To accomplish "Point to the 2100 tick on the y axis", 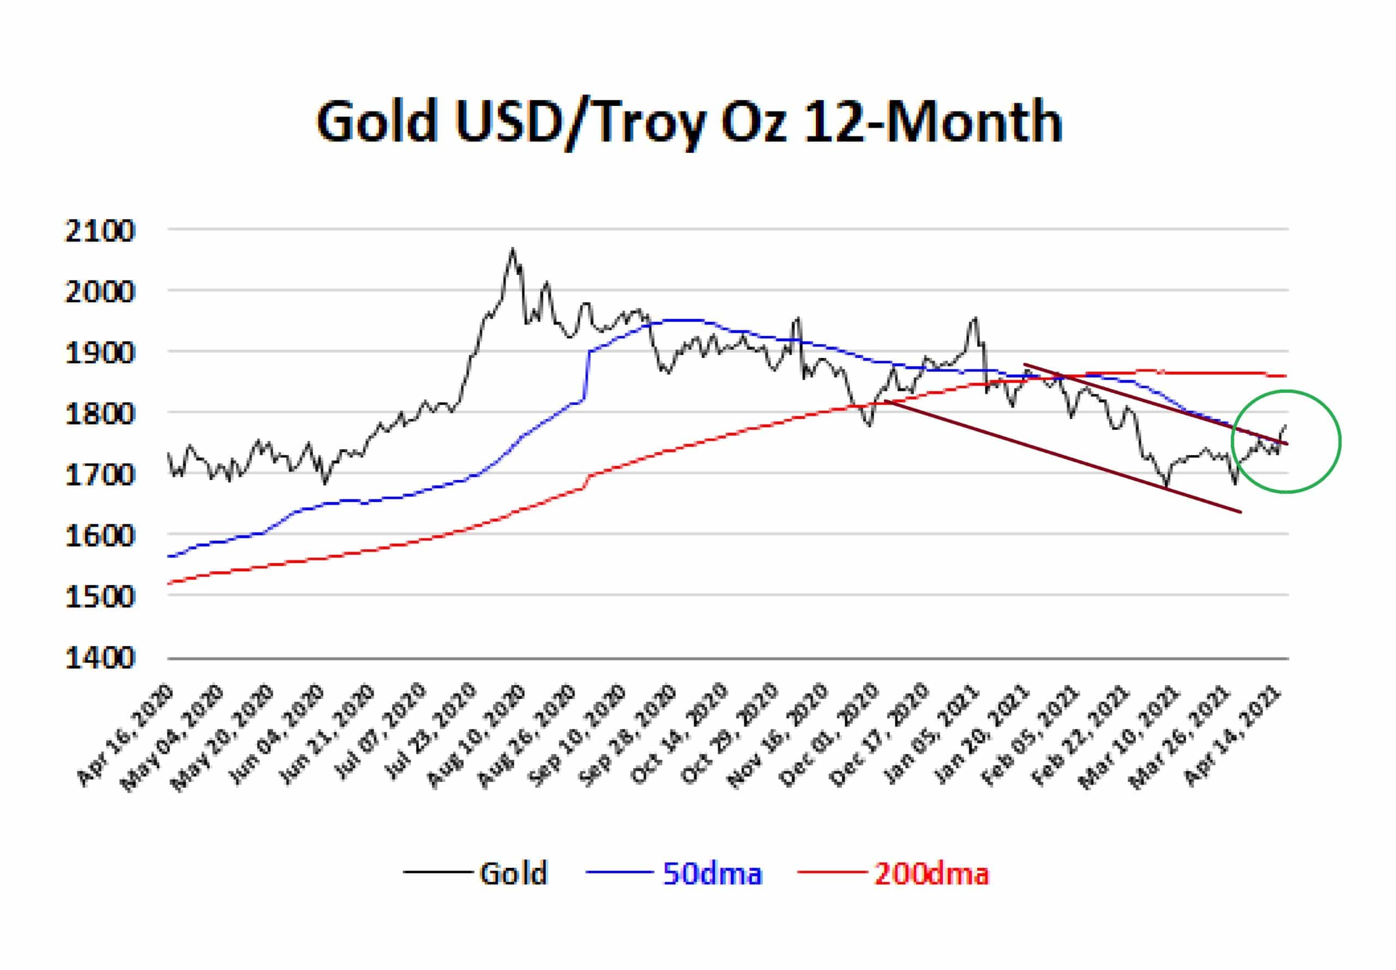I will point(100,231).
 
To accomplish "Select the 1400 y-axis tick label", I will point(100,658).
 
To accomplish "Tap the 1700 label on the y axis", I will point(100,475).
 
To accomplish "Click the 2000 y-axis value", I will point(100,292).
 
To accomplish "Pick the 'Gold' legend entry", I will point(513,874).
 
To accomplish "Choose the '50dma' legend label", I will point(712,874).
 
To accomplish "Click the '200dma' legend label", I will point(931,874).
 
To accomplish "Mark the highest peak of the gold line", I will point(513,249).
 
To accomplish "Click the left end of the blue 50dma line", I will point(170,556).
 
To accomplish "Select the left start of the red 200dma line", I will point(170,583).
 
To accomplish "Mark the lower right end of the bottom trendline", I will point(1239,512).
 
